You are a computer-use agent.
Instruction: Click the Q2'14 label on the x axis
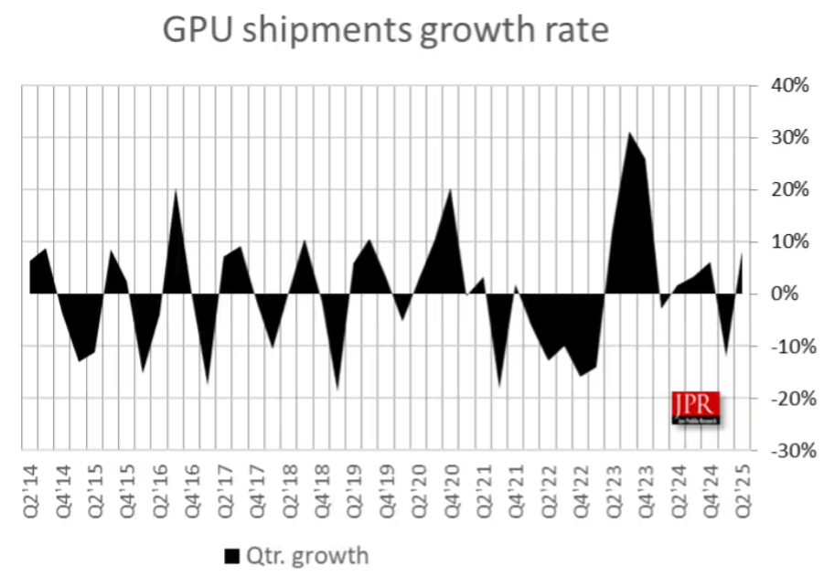click(x=29, y=492)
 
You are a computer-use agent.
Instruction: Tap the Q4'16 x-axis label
click(x=193, y=492)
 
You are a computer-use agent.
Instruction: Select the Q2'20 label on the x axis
click(x=422, y=492)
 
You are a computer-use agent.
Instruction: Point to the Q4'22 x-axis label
click(x=585, y=492)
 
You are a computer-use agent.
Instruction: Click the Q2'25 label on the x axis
click(x=748, y=492)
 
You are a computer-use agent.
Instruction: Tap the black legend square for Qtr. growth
click(x=231, y=555)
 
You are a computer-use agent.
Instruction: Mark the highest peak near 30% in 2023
click(x=630, y=134)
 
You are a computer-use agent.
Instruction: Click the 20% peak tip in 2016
click(x=176, y=190)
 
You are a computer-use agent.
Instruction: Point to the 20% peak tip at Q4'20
click(x=450, y=189)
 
